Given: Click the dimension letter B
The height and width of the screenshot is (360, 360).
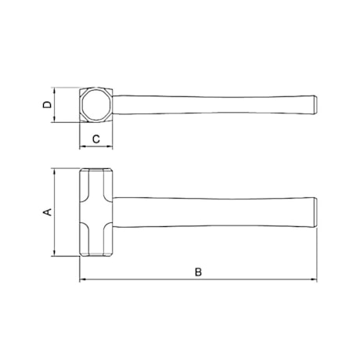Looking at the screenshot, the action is coord(198,272).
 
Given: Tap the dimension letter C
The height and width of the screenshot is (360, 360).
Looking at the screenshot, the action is coord(96,139).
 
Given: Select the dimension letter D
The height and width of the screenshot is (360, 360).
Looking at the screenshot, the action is coord(47,105).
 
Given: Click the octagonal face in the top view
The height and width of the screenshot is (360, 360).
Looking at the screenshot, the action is coord(96,105).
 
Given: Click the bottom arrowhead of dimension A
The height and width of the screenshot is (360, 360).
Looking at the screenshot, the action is coord(54,253).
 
